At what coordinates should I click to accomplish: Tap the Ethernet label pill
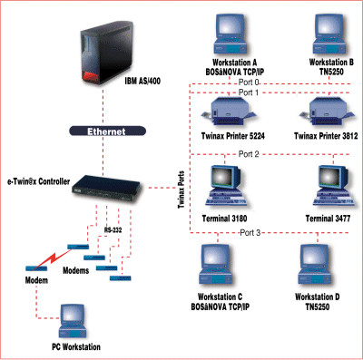pos(107,131)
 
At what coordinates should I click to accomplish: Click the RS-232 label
pos(113,230)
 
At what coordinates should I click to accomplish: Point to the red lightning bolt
pos(52,259)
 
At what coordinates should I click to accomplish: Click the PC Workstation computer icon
pos(73,321)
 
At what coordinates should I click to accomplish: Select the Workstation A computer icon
pos(231,34)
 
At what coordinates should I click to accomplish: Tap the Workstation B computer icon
pos(329,34)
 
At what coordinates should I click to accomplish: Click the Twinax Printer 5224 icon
pos(230,112)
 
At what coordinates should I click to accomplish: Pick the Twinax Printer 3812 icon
pos(328,112)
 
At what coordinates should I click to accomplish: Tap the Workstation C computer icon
pos(215,265)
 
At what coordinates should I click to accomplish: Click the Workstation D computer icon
pos(315,265)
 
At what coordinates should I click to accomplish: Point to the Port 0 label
pos(249,83)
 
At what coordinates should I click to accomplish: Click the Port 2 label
pos(249,154)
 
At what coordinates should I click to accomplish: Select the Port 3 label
pos(250,233)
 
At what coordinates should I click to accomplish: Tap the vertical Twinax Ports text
pos(181,190)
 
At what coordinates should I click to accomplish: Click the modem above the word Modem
pos(36,268)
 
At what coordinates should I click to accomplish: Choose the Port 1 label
pos(249,92)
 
